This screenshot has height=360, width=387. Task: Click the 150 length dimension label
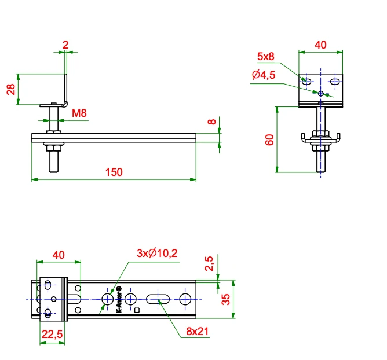[114, 172]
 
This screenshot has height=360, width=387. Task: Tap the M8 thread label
[79, 113]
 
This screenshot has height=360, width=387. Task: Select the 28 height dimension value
[11, 89]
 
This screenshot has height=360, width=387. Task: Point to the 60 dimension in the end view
[269, 140]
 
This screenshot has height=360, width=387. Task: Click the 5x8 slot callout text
[265, 57]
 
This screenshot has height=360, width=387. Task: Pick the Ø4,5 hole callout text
[264, 75]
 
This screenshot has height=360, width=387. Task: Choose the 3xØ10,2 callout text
[157, 254]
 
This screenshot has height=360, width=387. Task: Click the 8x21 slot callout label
[197, 332]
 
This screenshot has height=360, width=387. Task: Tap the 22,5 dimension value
[52, 335]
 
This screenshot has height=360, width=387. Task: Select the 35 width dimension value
[226, 299]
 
